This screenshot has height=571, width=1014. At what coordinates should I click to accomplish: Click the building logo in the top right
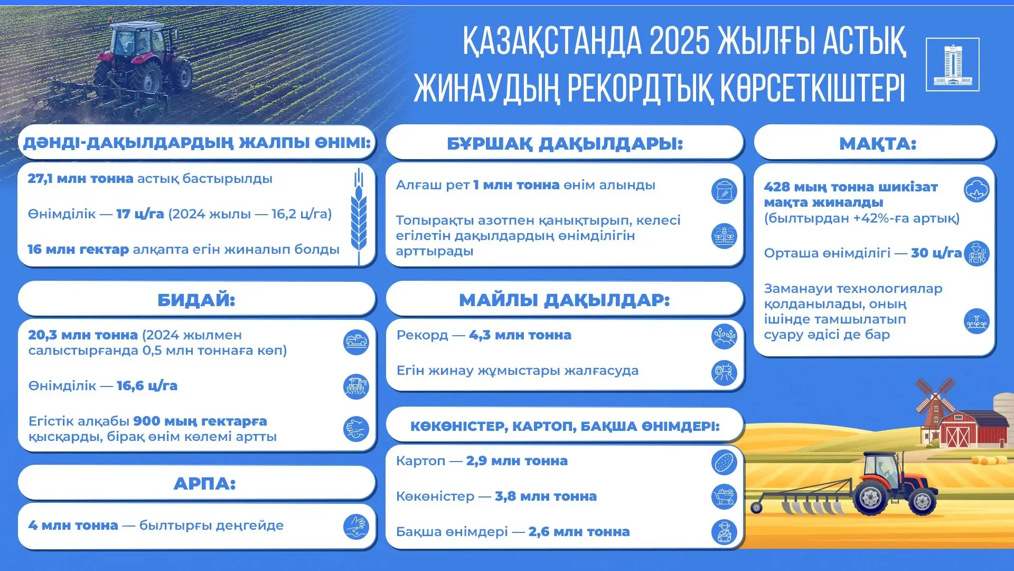pyautogui.click(x=952, y=65)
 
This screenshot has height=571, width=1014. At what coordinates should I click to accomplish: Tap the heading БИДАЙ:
pyautogui.click(x=196, y=300)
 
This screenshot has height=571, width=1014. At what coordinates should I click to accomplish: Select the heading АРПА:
pyautogui.click(x=204, y=483)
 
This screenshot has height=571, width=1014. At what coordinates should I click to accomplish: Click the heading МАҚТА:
pyautogui.click(x=877, y=143)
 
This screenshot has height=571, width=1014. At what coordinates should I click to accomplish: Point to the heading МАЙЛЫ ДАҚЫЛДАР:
pyautogui.click(x=564, y=300)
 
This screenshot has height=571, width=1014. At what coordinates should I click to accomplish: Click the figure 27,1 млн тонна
pyautogui.click(x=80, y=179)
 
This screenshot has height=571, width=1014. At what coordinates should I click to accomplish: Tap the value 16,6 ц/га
pyautogui.click(x=147, y=386)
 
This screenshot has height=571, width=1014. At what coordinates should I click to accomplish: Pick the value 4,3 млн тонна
pyautogui.click(x=520, y=335)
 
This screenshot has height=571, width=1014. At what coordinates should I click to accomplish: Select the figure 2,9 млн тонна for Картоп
pyautogui.click(x=517, y=461)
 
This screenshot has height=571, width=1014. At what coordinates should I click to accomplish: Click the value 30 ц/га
pyautogui.click(x=936, y=253)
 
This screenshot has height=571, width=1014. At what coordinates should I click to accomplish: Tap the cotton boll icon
pyautogui.click(x=977, y=190)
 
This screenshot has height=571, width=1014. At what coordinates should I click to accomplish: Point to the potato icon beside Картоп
pyautogui.click(x=724, y=462)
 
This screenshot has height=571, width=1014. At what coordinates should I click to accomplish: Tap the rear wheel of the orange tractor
pyautogui.click(x=870, y=497)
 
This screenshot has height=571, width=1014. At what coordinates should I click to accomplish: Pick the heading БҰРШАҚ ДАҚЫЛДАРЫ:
pyautogui.click(x=565, y=143)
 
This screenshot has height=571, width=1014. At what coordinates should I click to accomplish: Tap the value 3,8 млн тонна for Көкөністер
pyautogui.click(x=546, y=496)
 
